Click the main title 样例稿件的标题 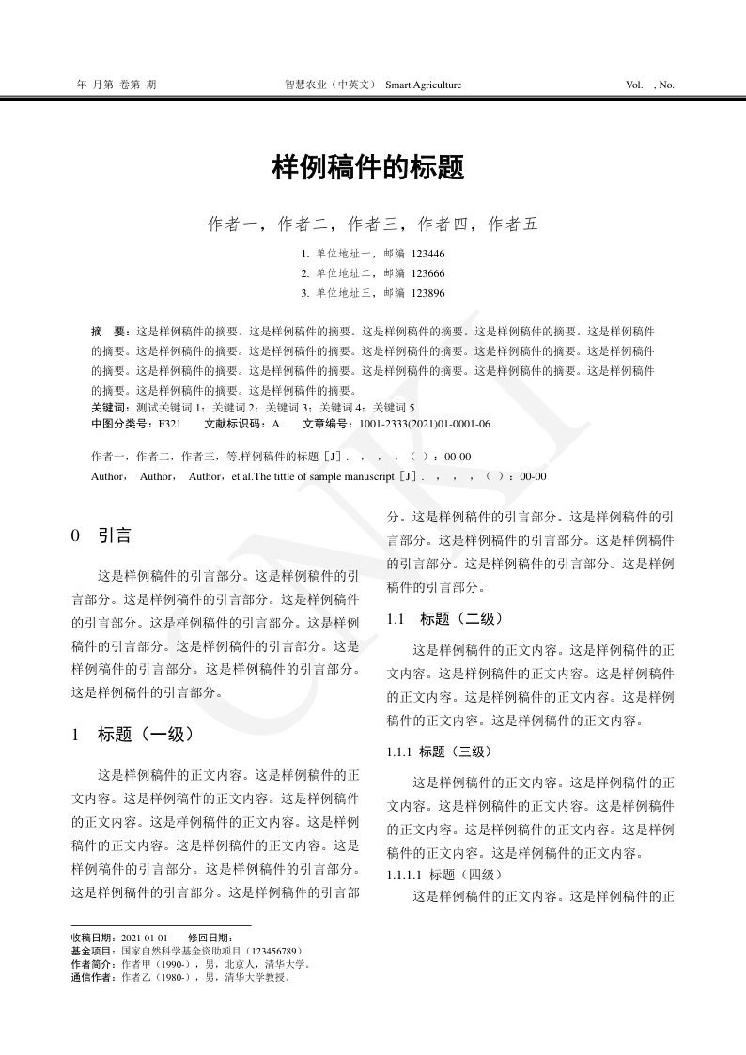pos(368,168)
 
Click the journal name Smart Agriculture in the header pos(424,85)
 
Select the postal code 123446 pos(428,254)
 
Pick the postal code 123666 pos(428,273)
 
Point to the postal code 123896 pos(428,293)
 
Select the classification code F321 pos(170,424)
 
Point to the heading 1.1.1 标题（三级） pos(439,752)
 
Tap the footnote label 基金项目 pos(92,951)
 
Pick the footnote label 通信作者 pos(92,977)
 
